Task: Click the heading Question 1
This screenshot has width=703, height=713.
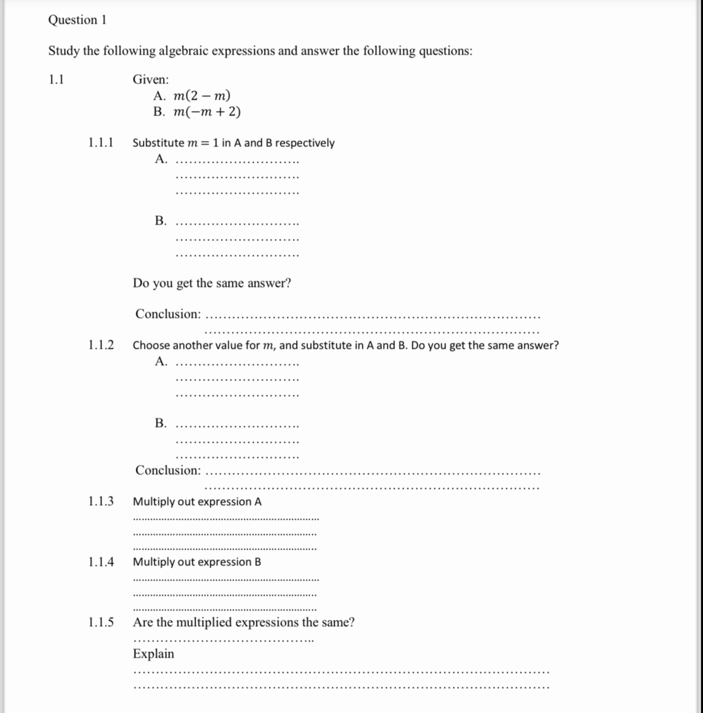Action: point(77,20)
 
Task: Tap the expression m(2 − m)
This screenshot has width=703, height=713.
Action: point(202,96)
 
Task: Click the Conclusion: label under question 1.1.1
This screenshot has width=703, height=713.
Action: point(168,314)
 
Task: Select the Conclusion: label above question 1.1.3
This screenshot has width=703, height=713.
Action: point(168,470)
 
